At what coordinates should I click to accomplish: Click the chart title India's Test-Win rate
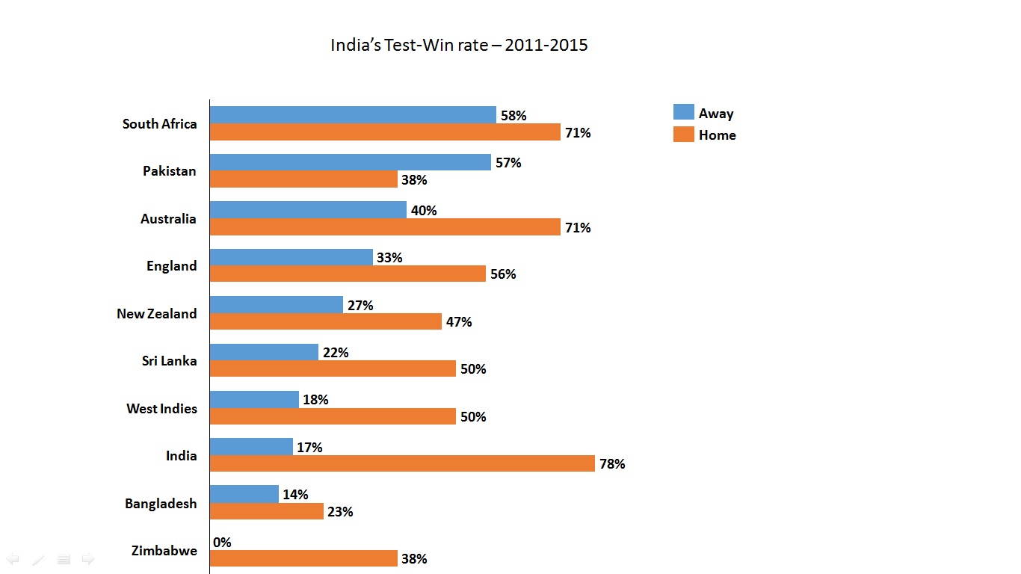click(459, 45)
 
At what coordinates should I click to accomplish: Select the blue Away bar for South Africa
click(353, 114)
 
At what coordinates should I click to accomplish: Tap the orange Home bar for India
click(402, 463)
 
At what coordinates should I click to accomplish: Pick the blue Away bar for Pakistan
click(350, 162)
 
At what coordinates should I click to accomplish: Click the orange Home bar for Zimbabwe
click(303, 558)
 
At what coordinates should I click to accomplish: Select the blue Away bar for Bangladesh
click(244, 493)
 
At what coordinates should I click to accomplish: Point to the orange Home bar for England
click(348, 274)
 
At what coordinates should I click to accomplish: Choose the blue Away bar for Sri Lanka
click(264, 351)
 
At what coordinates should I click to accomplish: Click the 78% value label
click(611, 464)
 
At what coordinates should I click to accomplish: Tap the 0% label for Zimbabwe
click(222, 543)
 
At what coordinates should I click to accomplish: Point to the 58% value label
click(513, 116)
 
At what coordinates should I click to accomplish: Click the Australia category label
click(168, 219)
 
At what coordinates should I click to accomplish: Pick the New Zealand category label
click(157, 314)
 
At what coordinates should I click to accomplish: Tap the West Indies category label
click(161, 409)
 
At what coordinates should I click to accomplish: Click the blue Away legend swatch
click(683, 112)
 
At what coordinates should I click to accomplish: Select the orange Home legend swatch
click(683, 135)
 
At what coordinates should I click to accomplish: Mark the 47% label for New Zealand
click(459, 322)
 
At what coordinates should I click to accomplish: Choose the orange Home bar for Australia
click(385, 226)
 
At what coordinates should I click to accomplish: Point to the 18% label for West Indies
click(315, 400)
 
